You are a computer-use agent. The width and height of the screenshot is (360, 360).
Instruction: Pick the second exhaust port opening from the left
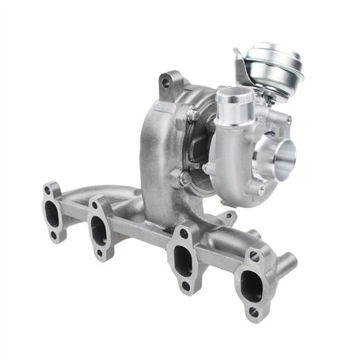click(x=99, y=229)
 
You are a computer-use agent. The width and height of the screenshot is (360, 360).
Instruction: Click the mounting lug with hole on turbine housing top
click(x=166, y=80)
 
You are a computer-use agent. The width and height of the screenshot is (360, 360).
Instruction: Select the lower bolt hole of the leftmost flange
click(x=53, y=234)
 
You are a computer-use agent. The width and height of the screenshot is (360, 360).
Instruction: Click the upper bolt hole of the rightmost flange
click(x=254, y=257)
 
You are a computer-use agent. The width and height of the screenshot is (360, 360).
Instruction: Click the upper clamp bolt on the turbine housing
click(x=193, y=116)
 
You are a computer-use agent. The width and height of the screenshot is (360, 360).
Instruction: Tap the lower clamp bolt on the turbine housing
click(x=184, y=178)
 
